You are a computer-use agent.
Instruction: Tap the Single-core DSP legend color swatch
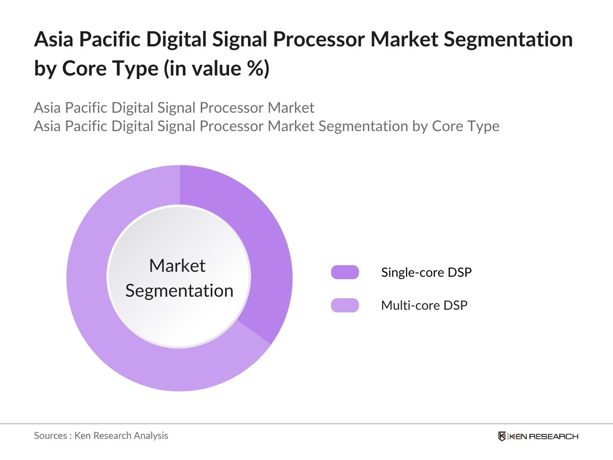(x=345, y=272)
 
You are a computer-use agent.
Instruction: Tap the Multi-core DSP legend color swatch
(x=345, y=306)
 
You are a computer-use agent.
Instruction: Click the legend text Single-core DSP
(x=426, y=272)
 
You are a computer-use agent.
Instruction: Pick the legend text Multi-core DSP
(x=424, y=306)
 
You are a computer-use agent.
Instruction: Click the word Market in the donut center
(x=177, y=266)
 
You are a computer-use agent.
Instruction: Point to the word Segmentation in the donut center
(x=179, y=291)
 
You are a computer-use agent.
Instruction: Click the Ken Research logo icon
(x=502, y=436)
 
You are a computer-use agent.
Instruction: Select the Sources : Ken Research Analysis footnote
(x=101, y=435)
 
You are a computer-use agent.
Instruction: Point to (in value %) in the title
(x=216, y=69)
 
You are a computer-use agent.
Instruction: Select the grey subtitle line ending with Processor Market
(x=174, y=108)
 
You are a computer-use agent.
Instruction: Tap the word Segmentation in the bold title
(x=508, y=39)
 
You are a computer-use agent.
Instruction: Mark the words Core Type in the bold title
(x=110, y=69)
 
